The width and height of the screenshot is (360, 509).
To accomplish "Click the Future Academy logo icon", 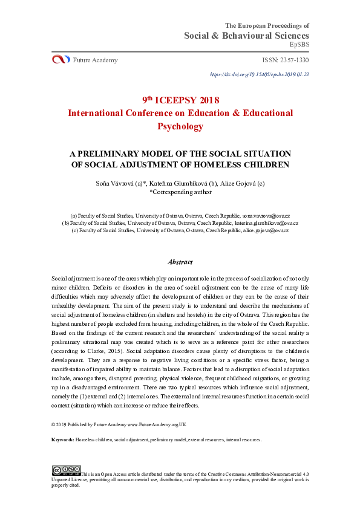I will (61, 59).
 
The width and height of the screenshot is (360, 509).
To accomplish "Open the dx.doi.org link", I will (259, 74).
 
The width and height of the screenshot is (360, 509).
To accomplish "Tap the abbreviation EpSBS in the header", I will (299, 45).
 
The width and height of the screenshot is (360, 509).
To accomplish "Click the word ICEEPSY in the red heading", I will (179, 100).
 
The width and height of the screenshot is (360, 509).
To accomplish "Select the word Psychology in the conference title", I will (180, 126).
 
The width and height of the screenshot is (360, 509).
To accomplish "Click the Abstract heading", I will (180, 262).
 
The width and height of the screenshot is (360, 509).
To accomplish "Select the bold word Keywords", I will (62, 439).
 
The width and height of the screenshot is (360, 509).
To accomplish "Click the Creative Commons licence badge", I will (66, 470).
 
